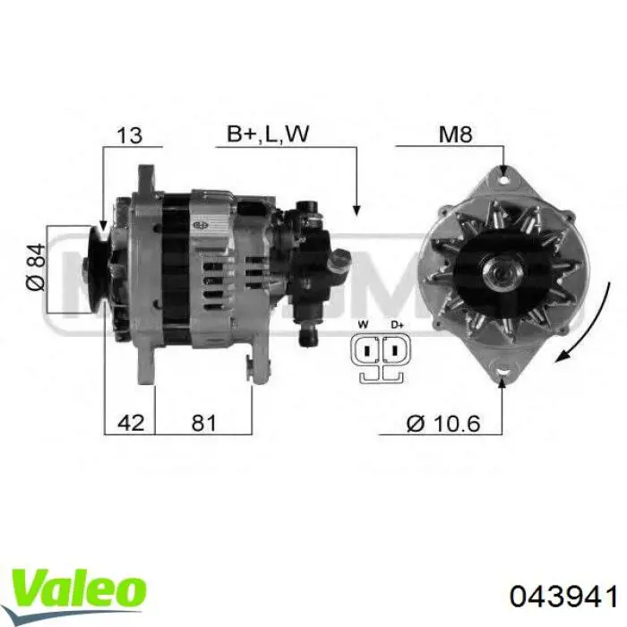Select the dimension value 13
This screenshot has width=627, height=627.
(129, 135)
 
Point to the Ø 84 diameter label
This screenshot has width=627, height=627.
(36, 267)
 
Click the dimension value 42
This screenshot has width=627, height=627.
(131, 423)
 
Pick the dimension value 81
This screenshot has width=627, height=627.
(203, 423)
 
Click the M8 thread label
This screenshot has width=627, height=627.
(455, 134)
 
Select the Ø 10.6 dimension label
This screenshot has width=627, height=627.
(443, 424)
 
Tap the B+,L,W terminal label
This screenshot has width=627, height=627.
(268, 133)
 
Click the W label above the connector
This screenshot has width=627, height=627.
(363, 324)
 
